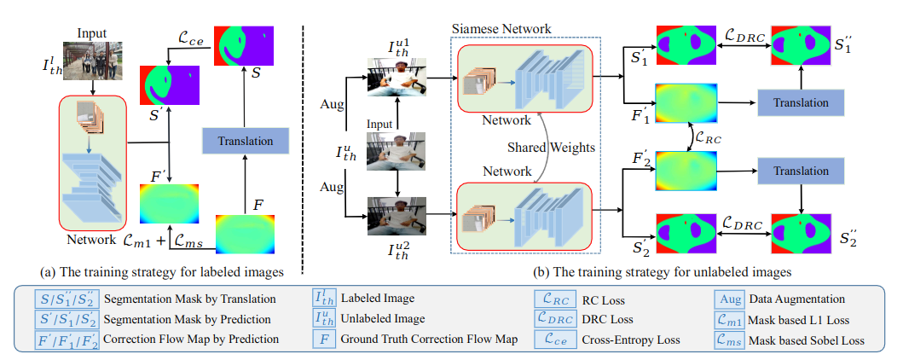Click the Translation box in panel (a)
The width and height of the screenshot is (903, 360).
tap(246, 140)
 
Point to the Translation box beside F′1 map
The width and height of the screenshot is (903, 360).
tap(801, 102)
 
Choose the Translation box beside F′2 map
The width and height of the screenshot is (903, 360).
tap(801, 171)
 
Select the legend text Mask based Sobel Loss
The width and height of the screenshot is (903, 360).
tap(807, 339)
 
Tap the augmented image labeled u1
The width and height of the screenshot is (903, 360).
tap(395, 78)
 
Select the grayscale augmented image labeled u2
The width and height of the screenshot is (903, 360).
tap(395, 215)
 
